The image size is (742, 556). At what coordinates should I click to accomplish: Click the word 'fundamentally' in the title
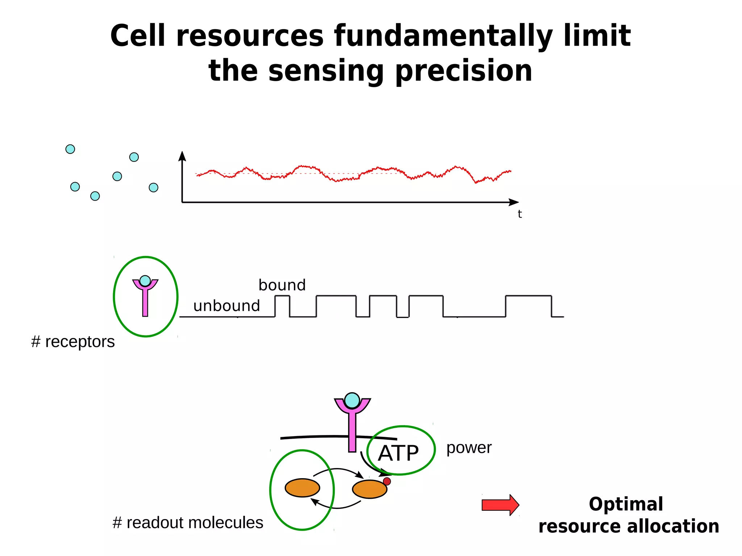click(443, 36)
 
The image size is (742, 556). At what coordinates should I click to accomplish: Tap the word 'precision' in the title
click(464, 71)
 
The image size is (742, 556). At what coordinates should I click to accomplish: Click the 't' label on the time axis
click(520, 214)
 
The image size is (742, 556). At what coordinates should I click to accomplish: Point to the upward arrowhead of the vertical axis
click(182, 156)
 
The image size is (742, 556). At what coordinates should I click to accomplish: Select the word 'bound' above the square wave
click(282, 285)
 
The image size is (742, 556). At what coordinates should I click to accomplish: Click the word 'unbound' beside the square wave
click(226, 306)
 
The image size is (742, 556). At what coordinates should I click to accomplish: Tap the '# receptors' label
click(73, 342)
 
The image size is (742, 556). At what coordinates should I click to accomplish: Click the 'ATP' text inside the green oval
click(398, 453)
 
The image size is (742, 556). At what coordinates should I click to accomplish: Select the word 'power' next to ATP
click(469, 448)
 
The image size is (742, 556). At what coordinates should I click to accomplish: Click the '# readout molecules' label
click(188, 523)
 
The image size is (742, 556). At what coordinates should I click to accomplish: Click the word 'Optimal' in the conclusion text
click(626, 504)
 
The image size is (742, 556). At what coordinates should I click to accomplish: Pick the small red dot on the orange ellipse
click(387, 481)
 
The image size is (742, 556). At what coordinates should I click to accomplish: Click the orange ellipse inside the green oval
click(302, 488)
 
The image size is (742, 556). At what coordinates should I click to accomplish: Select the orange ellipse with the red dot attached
click(369, 489)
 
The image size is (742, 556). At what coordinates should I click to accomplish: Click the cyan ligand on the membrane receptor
click(352, 400)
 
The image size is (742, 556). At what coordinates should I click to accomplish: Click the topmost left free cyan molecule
click(70, 149)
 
